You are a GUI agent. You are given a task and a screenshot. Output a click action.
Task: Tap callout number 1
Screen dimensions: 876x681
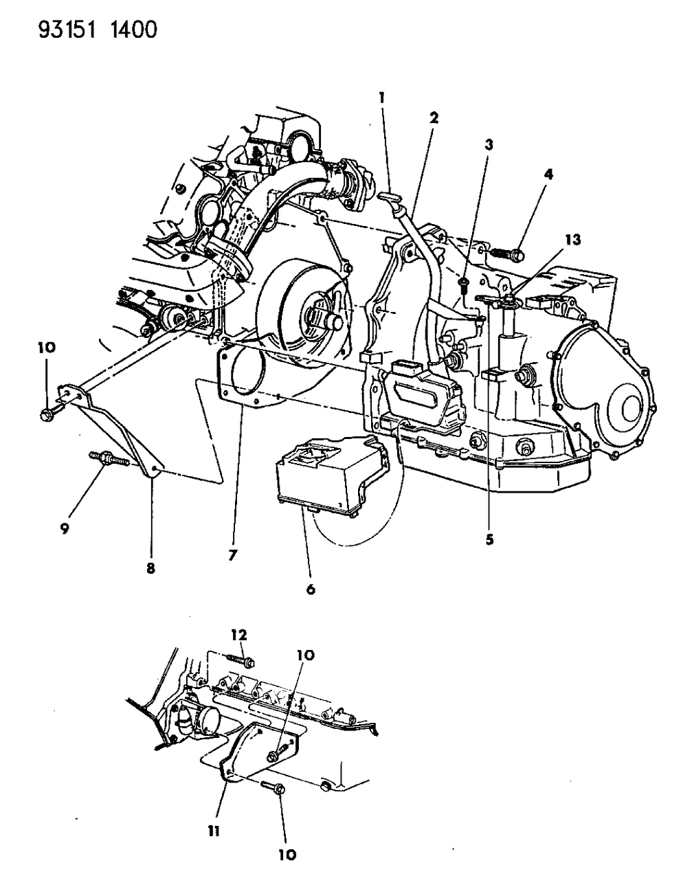click(380, 98)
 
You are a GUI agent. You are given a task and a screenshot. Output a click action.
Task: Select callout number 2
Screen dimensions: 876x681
click(434, 117)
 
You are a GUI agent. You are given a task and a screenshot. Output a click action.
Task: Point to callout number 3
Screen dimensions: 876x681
click(489, 144)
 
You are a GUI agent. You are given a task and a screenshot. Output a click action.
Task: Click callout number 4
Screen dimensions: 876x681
click(547, 175)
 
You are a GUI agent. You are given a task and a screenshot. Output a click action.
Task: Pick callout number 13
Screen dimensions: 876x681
click(572, 239)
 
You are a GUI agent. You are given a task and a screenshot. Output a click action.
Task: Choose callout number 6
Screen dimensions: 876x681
click(311, 589)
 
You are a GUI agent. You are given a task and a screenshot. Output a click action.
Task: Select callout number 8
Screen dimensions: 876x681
click(150, 568)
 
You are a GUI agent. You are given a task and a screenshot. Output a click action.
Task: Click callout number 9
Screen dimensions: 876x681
click(64, 530)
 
